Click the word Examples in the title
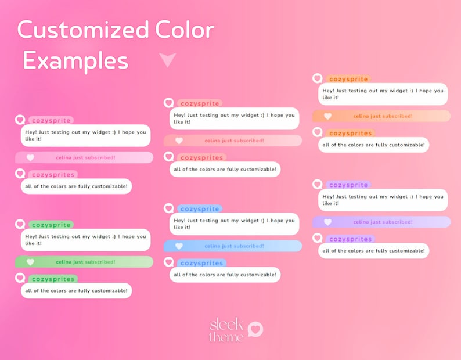[75, 60]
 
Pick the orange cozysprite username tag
[348, 79]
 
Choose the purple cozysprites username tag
[350, 239]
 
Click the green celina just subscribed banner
[84, 262]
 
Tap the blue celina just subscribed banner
[233, 246]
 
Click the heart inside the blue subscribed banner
[179, 246]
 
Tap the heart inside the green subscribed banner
[30, 262]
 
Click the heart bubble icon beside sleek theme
[255, 329]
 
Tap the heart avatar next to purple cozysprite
[317, 185]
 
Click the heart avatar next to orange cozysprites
[317, 132]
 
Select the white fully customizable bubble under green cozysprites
[77, 290]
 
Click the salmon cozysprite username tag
[199, 103]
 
